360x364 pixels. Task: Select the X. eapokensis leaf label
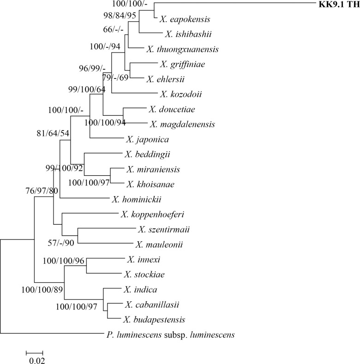[x=185, y=19]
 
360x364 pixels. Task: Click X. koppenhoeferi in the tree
[x=149, y=214]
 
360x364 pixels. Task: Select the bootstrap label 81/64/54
[x=53, y=134]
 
